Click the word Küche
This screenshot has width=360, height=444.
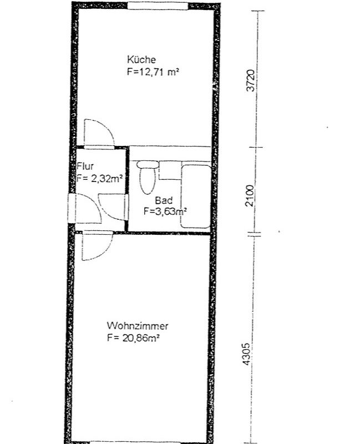pyautogui.click(x=141, y=60)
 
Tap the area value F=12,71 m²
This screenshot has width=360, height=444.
pyautogui.click(x=153, y=72)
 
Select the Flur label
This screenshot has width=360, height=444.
pyautogui.click(x=85, y=166)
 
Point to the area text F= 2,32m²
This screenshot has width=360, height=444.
pyautogui.click(x=99, y=179)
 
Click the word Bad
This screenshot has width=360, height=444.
pyautogui.click(x=164, y=200)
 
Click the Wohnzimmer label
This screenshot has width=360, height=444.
pyautogui.click(x=137, y=326)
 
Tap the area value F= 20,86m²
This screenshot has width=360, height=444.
pyautogui.click(x=133, y=338)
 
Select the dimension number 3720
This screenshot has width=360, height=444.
pyautogui.click(x=251, y=80)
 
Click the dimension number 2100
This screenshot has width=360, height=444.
pyautogui.click(x=250, y=196)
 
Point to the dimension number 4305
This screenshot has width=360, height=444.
pyautogui.click(x=246, y=354)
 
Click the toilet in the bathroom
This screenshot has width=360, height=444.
pyautogui.click(x=148, y=177)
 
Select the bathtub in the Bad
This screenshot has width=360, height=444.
pyautogui.click(x=196, y=196)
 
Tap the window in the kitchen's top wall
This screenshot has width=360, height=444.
pyautogui.click(x=158, y=6)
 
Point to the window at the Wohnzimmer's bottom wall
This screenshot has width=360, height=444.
pyautogui.click(x=135, y=442)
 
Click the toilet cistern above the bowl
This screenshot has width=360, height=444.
pyautogui.click(x=148, y=164)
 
